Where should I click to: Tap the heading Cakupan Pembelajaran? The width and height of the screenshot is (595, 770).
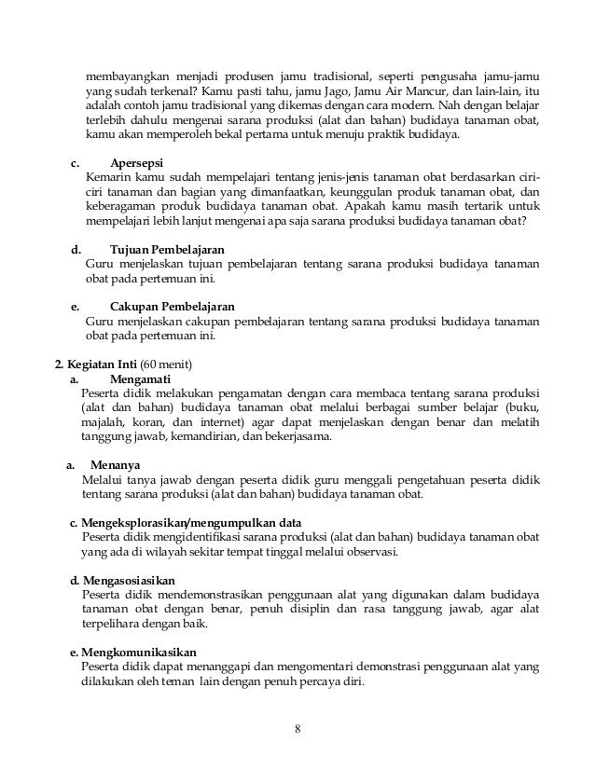[x=172, y=306]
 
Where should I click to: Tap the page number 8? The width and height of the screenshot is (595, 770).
[x=297, y=729]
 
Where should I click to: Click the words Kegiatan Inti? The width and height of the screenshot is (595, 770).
[x=102, y=363]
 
